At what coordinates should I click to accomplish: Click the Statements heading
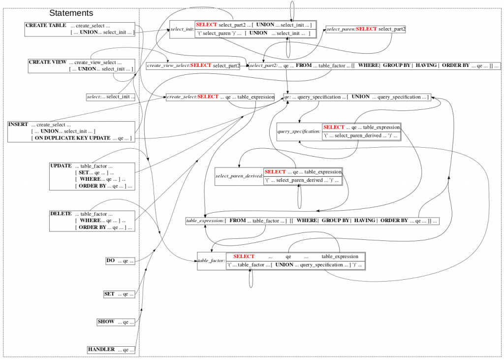click(71, 13)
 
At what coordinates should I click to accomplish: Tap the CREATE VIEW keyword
click(47, 63)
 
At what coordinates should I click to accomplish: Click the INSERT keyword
click(18, 125)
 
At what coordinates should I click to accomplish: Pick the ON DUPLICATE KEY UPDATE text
click(72, 138)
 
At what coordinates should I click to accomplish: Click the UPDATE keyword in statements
click(61, 166)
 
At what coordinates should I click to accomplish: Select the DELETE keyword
click(61, 214)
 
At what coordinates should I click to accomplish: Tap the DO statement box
click(121, 261)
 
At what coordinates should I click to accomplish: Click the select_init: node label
click(182, 29)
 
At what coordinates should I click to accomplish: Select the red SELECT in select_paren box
click(366, 29)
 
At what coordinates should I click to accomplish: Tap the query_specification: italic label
click(299, 132)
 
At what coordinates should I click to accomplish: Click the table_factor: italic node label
click(211, 260)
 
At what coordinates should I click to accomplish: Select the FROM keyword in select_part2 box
click(304, 65)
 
